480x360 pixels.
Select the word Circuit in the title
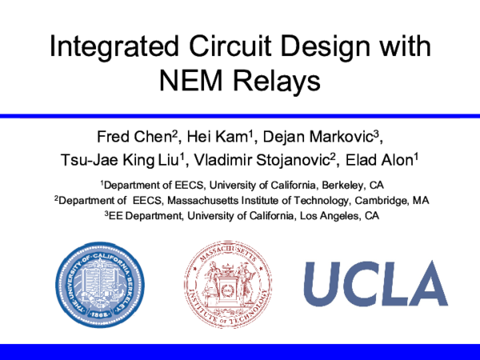[230, 46]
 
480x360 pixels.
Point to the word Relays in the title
[277, 82]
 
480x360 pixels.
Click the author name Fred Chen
[135, 137]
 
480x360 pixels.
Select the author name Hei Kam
[218, 137]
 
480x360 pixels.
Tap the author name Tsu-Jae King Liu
[120, 160]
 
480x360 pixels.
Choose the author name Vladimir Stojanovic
[262, 160]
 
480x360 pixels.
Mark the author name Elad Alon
[379, 160]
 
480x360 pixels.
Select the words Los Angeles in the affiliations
[329, 216]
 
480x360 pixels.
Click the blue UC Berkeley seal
[100, 285]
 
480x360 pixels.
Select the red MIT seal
[228, 284]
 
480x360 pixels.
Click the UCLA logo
[376, 283]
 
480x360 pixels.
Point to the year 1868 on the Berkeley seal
[99, 314]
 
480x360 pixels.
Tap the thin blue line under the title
[240, 116]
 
